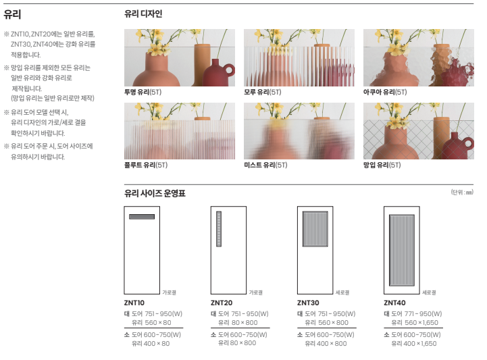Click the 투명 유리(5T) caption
coord(143,92)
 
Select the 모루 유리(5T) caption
coord(263,92)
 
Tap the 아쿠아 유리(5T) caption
coord(385,92)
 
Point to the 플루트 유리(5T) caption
coord(146,165)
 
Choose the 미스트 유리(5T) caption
coord(265,165)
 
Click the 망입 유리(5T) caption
coord(382,165)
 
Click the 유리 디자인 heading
coord(143,14)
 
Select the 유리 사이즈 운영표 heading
coord(155,194)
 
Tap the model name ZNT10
coord(134,303)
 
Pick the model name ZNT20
coord(222,303)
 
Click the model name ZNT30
coord(308,303)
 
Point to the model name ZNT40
coord(394,303)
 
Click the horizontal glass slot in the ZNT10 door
coord(142,217)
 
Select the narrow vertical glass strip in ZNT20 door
coord(219,229)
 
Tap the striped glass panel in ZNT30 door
coord(315,229)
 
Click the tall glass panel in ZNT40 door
coord(402,251)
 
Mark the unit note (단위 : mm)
coord(462,192)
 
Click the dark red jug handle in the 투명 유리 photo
coord(230,70)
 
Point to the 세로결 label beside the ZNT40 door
coord(429,292)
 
